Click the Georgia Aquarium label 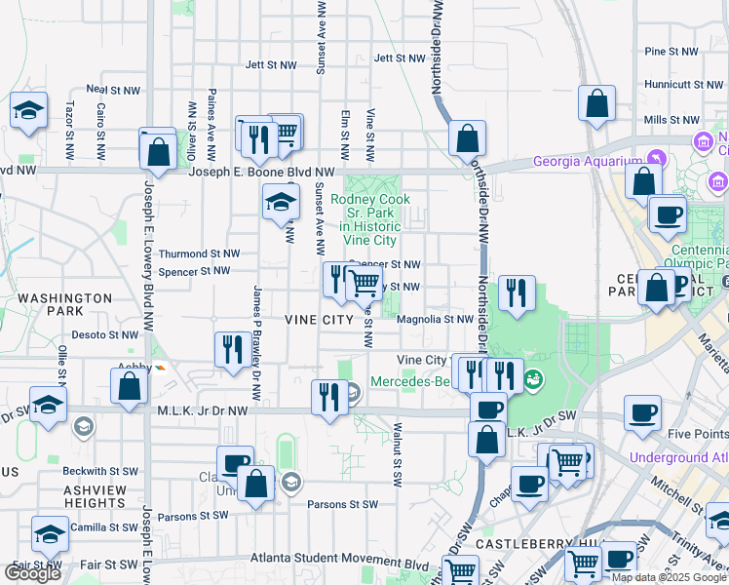pos(585,162)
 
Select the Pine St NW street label pos(671,51)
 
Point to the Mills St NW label pos(670,119)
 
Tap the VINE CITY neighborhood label pos(318,319)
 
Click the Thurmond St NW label pos(199,253)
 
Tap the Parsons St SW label pos(342,504)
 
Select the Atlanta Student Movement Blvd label pos(339,565)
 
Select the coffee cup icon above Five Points pos(642,412)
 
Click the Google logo pos(33,573)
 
